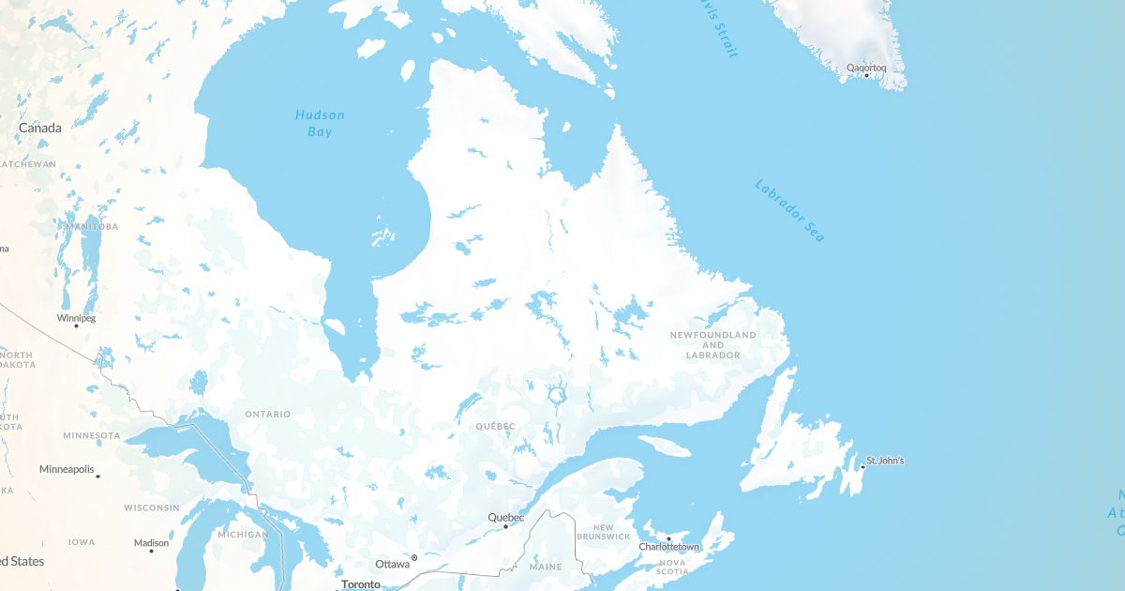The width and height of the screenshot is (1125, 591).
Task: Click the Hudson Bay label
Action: click(320, 123)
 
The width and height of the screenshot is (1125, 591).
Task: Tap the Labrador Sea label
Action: click(789, 212)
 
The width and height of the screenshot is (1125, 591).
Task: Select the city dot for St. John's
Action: click(862, 467)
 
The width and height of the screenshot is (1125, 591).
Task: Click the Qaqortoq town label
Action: click(865, 68)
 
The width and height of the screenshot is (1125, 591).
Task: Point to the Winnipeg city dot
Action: click(76, 326)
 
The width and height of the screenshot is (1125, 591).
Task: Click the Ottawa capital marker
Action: click(414, 558)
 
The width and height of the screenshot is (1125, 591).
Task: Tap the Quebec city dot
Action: click(506, 526)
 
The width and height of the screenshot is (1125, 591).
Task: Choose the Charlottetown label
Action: click(668, 547)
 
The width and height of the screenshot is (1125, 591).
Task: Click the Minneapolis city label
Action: click(67, 469)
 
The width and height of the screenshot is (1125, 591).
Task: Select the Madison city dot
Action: click(151, 551)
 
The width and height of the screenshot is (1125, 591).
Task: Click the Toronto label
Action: click(361, 584)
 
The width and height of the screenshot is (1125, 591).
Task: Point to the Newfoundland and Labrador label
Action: click(712, 345)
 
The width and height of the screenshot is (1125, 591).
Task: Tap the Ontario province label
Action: click(267, 414)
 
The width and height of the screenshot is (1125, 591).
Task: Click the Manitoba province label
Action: click(92, 227)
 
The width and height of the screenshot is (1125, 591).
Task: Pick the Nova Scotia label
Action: click(672, 568)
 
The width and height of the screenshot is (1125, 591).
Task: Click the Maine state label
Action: click(546, 567)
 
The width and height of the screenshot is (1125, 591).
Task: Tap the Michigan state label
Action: click(242, 534)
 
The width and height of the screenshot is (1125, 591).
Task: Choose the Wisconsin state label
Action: click(151, 508)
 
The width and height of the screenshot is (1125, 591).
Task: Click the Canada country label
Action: click(40, 128)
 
